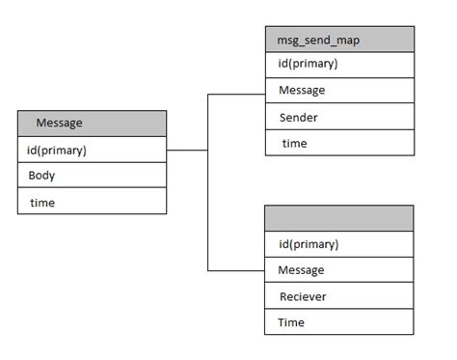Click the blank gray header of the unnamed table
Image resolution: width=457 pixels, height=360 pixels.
click(339, 218)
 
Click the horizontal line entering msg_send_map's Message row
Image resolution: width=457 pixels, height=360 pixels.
click(236, 95)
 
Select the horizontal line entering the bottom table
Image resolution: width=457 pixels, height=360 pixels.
click(236, 270)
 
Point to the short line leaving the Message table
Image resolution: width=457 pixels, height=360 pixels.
click(187, 151)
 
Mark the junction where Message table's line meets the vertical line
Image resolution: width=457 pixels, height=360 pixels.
click(208, 151)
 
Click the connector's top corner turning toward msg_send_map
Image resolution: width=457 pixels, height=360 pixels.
click(208, 95)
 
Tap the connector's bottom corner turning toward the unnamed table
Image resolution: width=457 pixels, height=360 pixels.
click(208, 270)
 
